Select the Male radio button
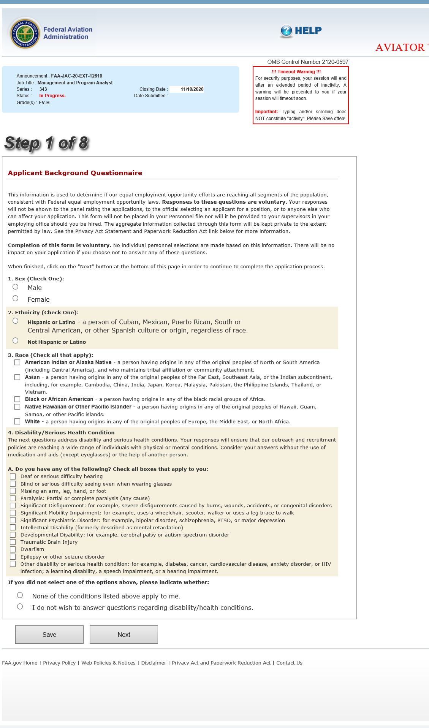tap(16, 287)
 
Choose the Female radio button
tap(16, 299)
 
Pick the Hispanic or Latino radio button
tap(16, 321)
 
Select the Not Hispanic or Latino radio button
tap(16, 341)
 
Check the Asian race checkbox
tap(17, 377)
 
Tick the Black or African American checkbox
tap(17, 399)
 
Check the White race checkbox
tap(17, 421)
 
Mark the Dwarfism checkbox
tap(13, 549)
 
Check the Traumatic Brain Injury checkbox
tap(13, 542)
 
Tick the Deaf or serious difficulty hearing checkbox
tap(13, 476)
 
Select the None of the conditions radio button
tap(20, 595)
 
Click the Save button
tap(49, 635)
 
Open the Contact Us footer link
tap(289, 663)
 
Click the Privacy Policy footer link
tap(59, 663)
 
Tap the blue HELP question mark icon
tap(286, 31)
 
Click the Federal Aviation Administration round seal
tap(25, 33)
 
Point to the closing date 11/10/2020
tap(192, 89)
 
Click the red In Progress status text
tap(52, 96)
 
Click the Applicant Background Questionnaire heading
tap(75, 173)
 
